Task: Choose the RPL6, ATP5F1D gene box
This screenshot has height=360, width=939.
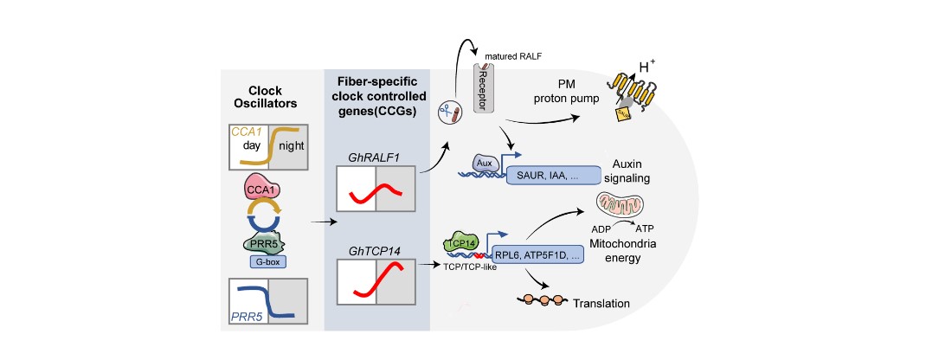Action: pyautogui.click(x=542, y=255)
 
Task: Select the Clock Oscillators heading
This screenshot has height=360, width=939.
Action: pyautogui.click(x=267, y=96)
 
